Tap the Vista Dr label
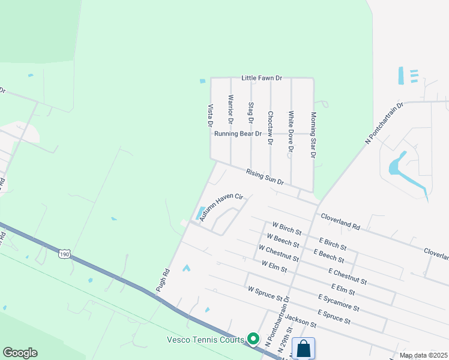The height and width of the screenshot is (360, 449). [x=211, y=115]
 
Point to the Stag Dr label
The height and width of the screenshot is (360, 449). [x=251, y=113]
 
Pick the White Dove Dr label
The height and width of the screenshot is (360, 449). [x=291, y=130]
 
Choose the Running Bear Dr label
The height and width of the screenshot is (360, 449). [x=238, y=134]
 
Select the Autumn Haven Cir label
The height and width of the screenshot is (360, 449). [x=221, y=207]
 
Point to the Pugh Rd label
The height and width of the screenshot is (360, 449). [x=163, y=281]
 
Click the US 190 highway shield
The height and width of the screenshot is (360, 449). [x=64, y=254]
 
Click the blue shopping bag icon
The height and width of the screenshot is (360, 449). [x=304, y=348]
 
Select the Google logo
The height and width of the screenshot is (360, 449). [x=20, y=353]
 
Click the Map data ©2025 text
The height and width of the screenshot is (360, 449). [x=424, y=355]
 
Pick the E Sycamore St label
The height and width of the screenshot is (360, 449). [x=339, y=303]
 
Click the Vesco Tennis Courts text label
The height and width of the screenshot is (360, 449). [x=205, y=340]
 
